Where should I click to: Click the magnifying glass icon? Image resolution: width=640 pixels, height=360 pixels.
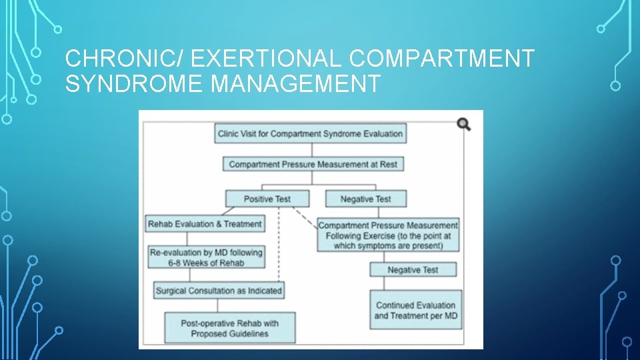point(464,123)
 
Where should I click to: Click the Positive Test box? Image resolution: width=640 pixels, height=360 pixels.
point(267,199)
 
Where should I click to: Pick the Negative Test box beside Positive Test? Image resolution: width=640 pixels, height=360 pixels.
point(365,199)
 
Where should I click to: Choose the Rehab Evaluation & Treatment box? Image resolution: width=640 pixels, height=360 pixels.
point(205,224)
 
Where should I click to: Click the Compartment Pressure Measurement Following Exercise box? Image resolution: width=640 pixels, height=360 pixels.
point(388,235)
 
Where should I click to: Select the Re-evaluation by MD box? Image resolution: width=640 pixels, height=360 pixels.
point(206,257)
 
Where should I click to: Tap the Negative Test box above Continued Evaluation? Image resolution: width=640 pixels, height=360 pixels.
point(413,269)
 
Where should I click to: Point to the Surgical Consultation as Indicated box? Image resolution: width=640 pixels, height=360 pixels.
point(219,291)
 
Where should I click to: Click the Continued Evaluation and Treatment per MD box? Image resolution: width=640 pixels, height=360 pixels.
point(415,310)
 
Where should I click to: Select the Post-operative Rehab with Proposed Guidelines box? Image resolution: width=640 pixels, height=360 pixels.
point(229,328)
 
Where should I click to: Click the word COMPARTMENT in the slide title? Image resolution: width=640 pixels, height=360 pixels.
point(441,59)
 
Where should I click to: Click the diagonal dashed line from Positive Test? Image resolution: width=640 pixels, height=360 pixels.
point(305,217)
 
